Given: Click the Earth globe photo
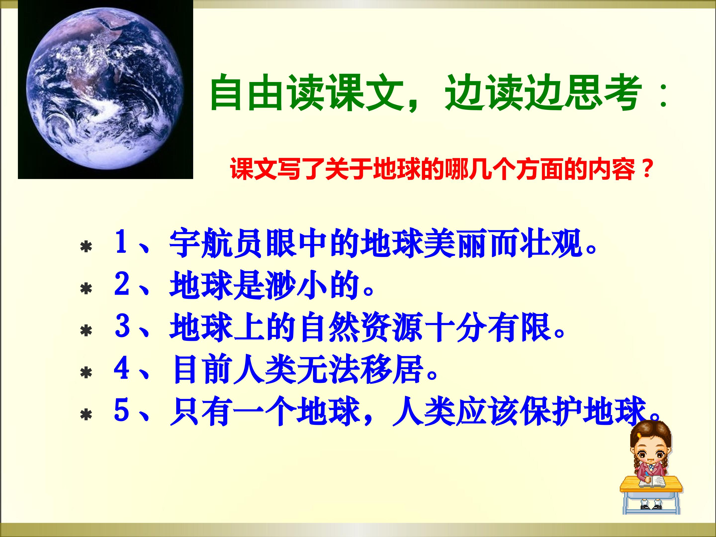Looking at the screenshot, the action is click(105, 89).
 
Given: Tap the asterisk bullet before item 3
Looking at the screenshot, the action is click(86, 331).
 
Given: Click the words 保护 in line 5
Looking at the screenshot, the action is click(550, 411).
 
